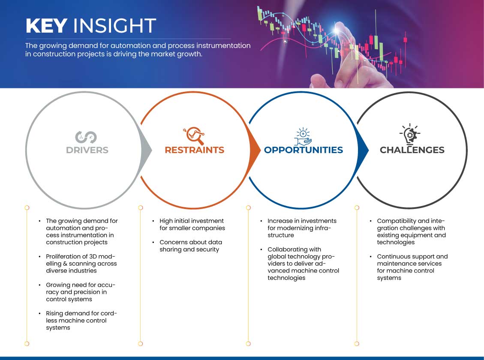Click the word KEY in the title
[46, 25]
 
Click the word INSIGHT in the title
[114, 25]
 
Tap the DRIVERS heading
[87, 150]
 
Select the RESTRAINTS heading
[195, 150]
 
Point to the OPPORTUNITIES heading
[304, 150]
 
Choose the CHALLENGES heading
[412, 150]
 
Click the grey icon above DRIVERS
[86, 137]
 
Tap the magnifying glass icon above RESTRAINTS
[194, 135]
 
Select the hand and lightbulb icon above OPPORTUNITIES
[303, 136]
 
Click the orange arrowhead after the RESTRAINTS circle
[255, 150]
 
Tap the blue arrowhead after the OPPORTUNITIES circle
[363, 150]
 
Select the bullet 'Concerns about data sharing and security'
[190, 246]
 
